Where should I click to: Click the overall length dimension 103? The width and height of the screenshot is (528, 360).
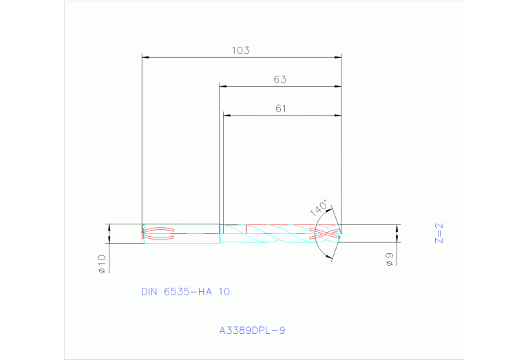click(240, 50)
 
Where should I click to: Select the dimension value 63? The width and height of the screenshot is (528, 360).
click(279, 79)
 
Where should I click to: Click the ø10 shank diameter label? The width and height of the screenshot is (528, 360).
click(101, 264)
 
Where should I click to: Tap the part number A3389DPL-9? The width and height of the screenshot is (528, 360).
click(252, 330)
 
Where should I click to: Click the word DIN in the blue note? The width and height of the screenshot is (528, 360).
click(149, 292)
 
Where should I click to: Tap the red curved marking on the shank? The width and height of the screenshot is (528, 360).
click(158, 233)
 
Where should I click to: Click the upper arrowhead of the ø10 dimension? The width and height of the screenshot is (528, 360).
click(109, 228)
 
